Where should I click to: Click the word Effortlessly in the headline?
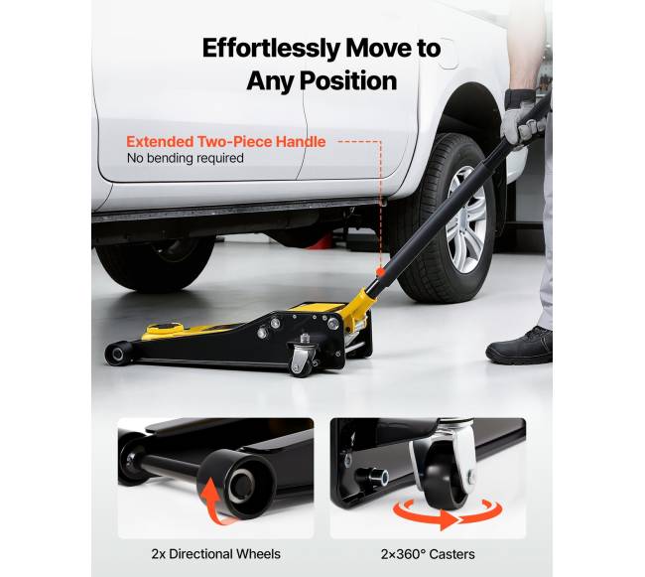click(x=271, y=49)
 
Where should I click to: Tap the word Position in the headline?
click(x=348, y=80)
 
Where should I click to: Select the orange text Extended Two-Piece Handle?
click(x=226, y=142)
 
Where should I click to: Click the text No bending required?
click(x=186, y=158)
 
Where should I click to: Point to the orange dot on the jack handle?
click(x=380, y=271)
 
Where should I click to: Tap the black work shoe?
click(x=520, y=347)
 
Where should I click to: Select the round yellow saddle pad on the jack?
click(x=165, y=329)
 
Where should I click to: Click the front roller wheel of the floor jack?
click(x=118, y=354)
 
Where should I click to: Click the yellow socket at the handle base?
click(x=359, y=305)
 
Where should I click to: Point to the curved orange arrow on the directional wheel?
click(x=213, y=501)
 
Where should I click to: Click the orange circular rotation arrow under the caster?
click(x=448, y=514)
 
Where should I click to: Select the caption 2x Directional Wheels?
click(x=216, y=554)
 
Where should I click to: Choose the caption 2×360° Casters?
click(x=428, y=554)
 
